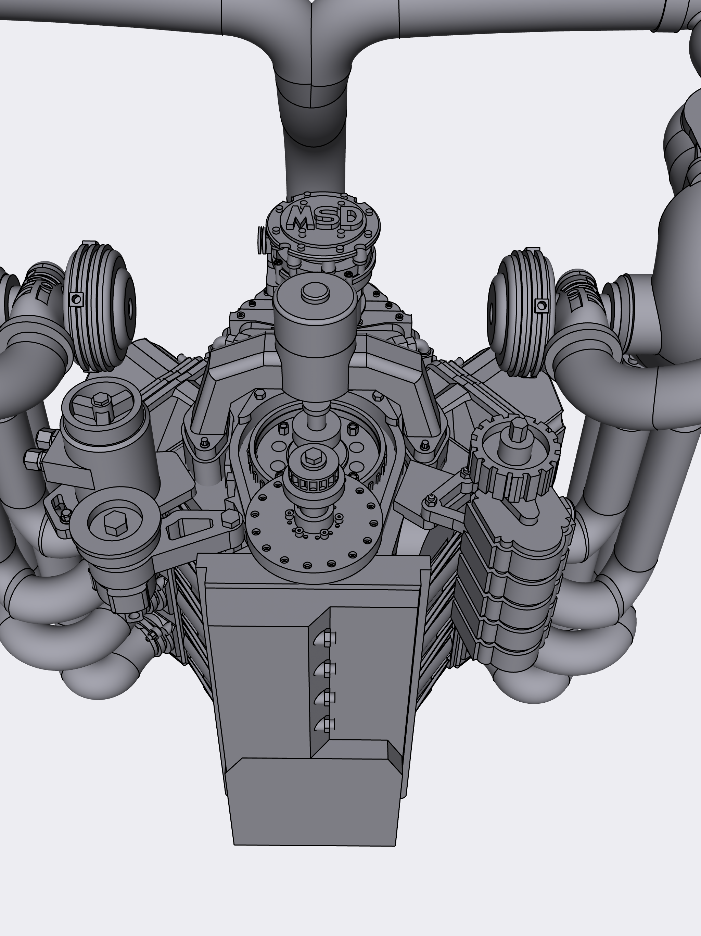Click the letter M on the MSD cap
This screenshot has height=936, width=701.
tap(301, 218)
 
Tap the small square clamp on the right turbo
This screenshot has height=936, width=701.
tap(541, 305)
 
